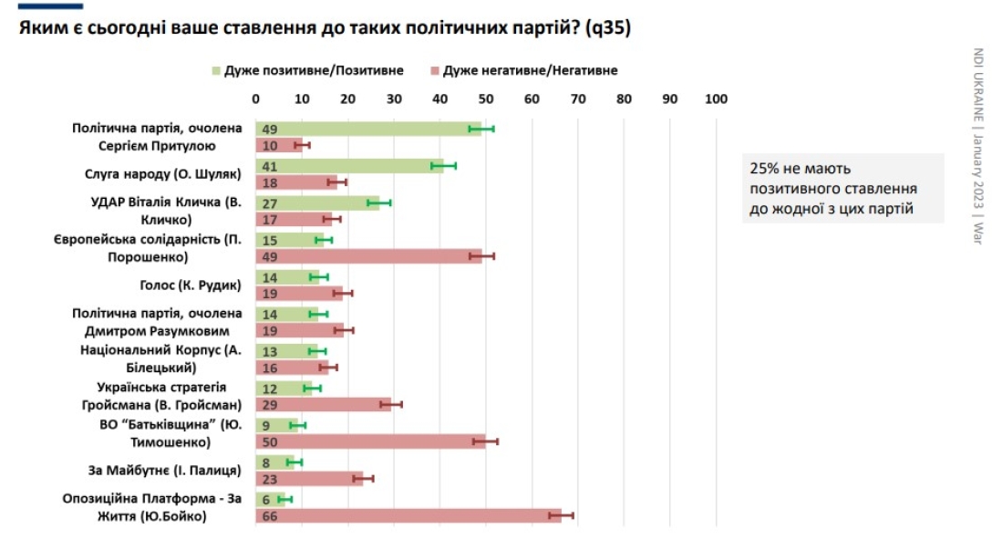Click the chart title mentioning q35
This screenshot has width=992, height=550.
(x=324, y=28)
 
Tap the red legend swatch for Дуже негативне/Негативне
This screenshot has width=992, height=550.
(x=436, y=70)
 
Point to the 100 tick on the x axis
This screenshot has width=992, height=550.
(x=716, y=99)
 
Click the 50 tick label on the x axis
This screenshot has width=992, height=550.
(x=485, y=99)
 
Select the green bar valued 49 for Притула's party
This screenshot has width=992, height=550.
(x=368, y=129)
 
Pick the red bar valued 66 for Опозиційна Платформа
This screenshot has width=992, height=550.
(x=408, y=516)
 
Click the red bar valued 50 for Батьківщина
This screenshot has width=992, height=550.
(x=370, y=441)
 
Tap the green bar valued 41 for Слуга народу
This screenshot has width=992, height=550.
(x=349, y=166)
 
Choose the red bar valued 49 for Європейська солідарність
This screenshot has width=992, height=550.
(x=368, y=256)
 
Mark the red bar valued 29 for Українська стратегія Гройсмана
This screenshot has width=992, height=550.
(x=323, y=404)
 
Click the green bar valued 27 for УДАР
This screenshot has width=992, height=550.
(x=317, y=202)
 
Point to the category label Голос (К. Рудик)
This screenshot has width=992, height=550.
(x=190, y=285)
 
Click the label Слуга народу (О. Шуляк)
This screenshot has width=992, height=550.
(x=173, y=173)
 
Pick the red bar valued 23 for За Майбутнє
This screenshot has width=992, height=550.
(x=309, y=478)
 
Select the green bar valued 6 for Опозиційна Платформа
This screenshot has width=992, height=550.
(x=270, y=499)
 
